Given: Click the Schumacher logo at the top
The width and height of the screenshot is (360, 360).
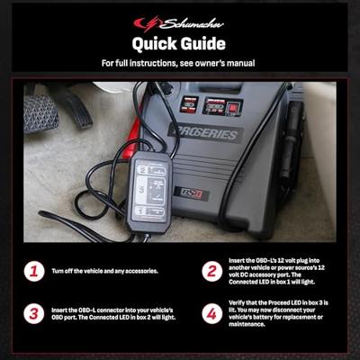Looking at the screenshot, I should [179, 22].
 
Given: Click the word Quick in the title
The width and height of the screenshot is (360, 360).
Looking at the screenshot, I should [157, 42].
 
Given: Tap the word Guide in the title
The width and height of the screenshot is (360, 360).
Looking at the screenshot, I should [207, 42].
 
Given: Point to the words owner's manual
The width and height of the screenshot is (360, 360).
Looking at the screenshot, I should [229, 63].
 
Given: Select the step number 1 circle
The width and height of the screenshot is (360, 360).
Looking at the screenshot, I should [33, 270].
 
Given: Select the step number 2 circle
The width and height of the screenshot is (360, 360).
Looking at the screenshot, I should [211, 270].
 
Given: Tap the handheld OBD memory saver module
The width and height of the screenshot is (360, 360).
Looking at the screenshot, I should [148, 190].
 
